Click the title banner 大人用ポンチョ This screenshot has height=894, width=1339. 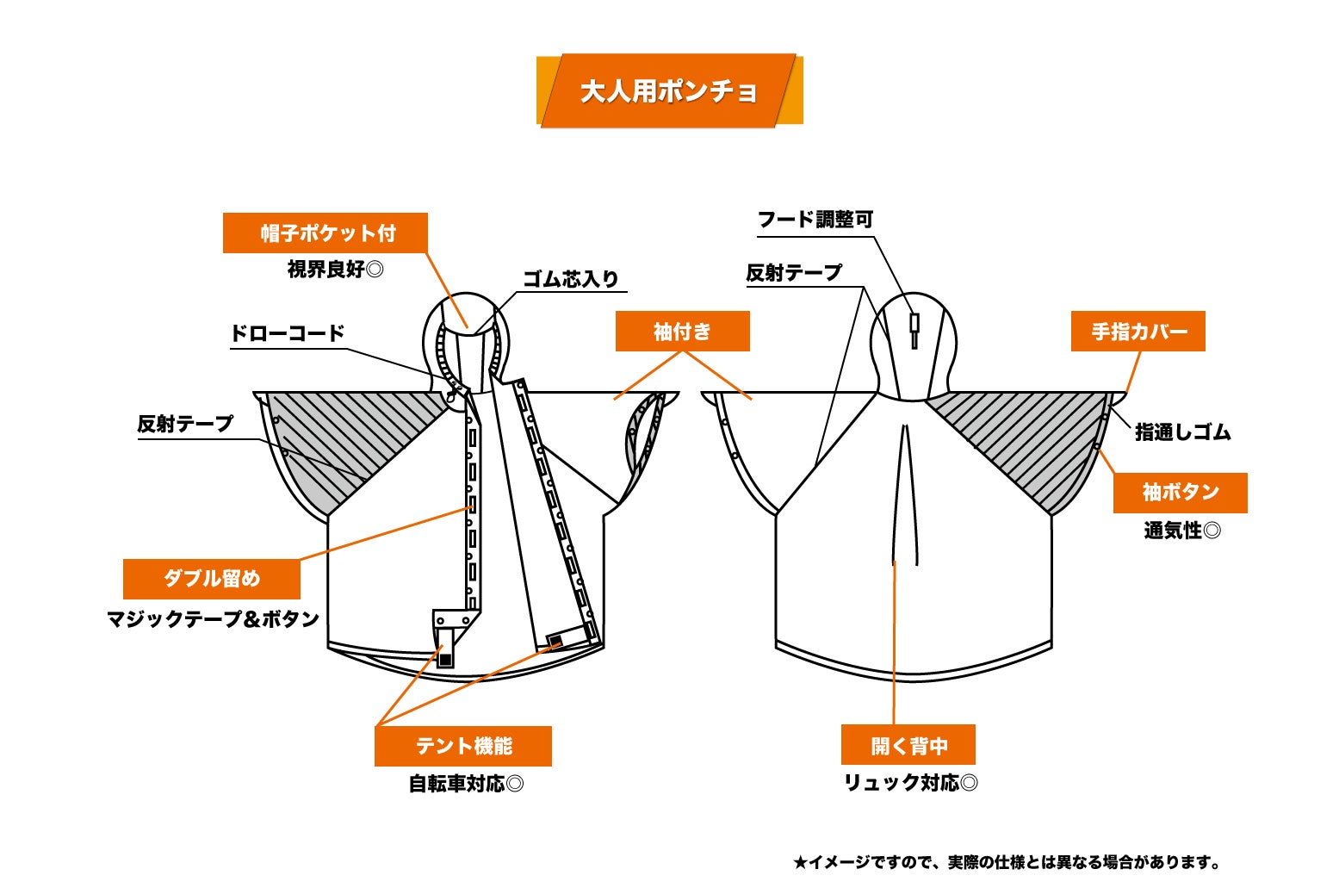669,91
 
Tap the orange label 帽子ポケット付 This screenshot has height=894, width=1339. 325,233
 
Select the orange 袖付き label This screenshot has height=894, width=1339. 682,331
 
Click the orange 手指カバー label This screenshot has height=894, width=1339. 1138,331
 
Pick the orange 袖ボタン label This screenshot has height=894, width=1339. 1180,492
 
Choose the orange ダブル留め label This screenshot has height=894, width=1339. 212,578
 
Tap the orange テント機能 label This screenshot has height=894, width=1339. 463,746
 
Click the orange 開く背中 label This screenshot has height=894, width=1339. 908,745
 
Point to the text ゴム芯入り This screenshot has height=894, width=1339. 571,279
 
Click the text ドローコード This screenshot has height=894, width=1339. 288,333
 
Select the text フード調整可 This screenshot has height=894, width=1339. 815,220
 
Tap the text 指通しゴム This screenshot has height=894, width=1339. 1182,432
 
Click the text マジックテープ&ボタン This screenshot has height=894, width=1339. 213,619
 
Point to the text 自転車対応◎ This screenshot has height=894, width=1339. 466,784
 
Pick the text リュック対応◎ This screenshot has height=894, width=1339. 910,783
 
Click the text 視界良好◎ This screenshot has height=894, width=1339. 335,270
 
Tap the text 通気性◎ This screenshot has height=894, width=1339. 1181,531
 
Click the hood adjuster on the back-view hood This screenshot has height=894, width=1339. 914,328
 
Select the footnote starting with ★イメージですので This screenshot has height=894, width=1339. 1006,862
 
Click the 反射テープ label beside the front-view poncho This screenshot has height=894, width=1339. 185,424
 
